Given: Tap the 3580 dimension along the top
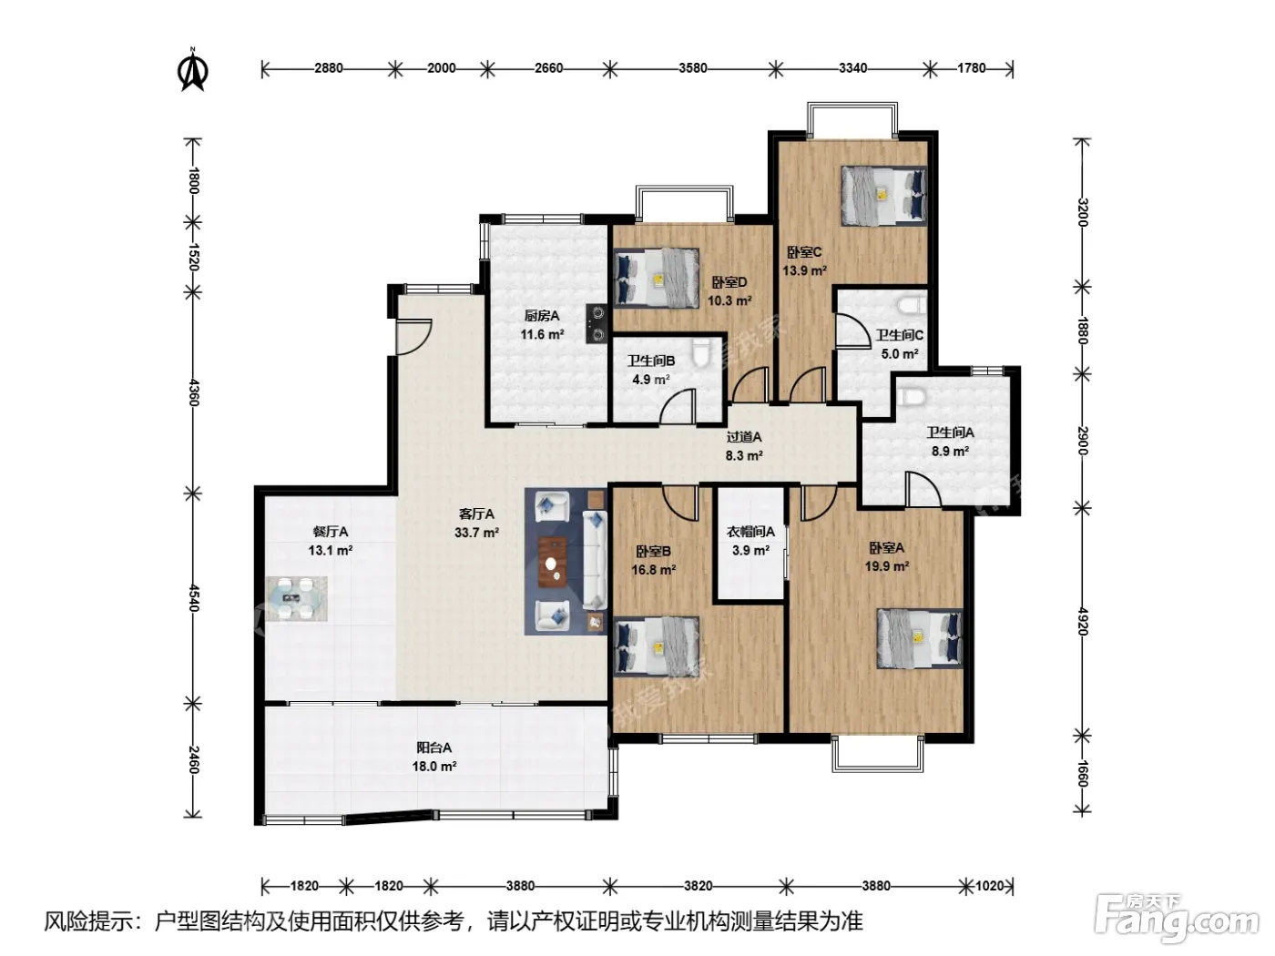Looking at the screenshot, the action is click(x=693, y=68).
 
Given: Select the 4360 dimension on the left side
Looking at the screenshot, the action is click(x=193, y=393).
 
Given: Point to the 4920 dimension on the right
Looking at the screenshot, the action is click(x=1082, y=621).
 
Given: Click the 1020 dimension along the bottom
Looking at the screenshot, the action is click(x=990, y=886).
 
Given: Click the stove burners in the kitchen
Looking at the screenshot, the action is click(x=597, y=323).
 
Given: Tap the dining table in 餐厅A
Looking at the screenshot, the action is click(x=297, y=598).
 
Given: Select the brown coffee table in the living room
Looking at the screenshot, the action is click(x=553, y=562).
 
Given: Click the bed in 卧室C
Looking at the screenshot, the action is click(x=884, y=196).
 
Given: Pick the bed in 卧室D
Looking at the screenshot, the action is click(x=657, y=278).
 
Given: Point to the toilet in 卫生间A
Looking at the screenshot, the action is click(x=912, y=397).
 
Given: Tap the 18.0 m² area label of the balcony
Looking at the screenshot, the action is click(x=433, y=767).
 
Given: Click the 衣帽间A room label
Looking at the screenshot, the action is click(x=750, y=532).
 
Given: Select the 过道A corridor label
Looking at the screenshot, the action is click(x=743, y=437).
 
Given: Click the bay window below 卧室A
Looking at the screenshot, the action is click(x=877, y=754).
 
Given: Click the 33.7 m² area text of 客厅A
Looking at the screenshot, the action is click(x=477, y=533).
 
